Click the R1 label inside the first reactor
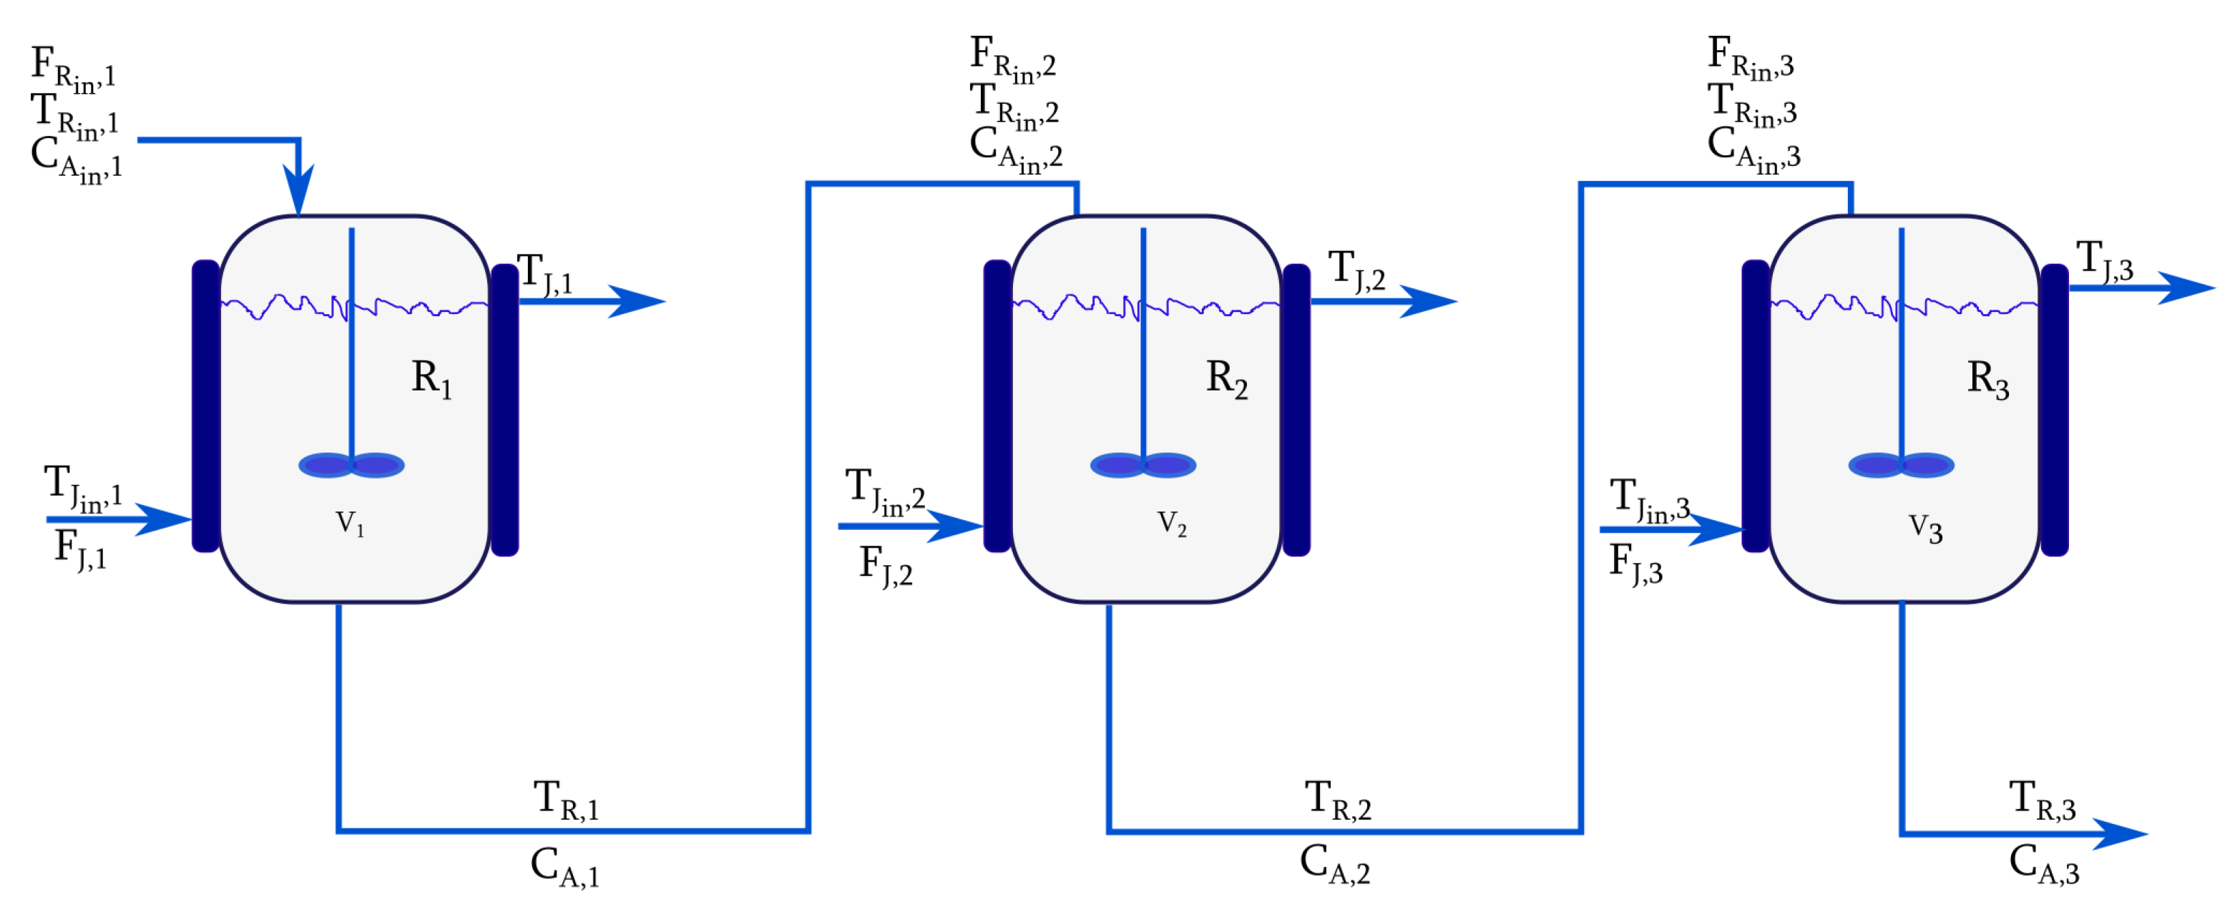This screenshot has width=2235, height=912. [431, 379]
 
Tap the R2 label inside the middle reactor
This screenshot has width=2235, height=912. [1226, 379]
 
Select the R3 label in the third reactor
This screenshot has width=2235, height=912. [1987, 379]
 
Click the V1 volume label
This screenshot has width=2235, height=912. [350, 524]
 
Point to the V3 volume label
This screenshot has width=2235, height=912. [1925, 528]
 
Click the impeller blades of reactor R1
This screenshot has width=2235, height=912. [351, 466]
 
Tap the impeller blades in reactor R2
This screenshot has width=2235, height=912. [1143, 466]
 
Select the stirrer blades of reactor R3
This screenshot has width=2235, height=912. [1901, 466]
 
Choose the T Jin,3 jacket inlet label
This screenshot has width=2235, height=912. [1648, 501]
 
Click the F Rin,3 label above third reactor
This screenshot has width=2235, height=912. [1749, 57]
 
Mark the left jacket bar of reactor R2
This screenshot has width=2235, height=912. [997, 406]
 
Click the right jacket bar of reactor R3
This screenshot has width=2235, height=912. [2054, 410]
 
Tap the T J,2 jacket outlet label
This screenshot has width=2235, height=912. [1356, 270]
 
